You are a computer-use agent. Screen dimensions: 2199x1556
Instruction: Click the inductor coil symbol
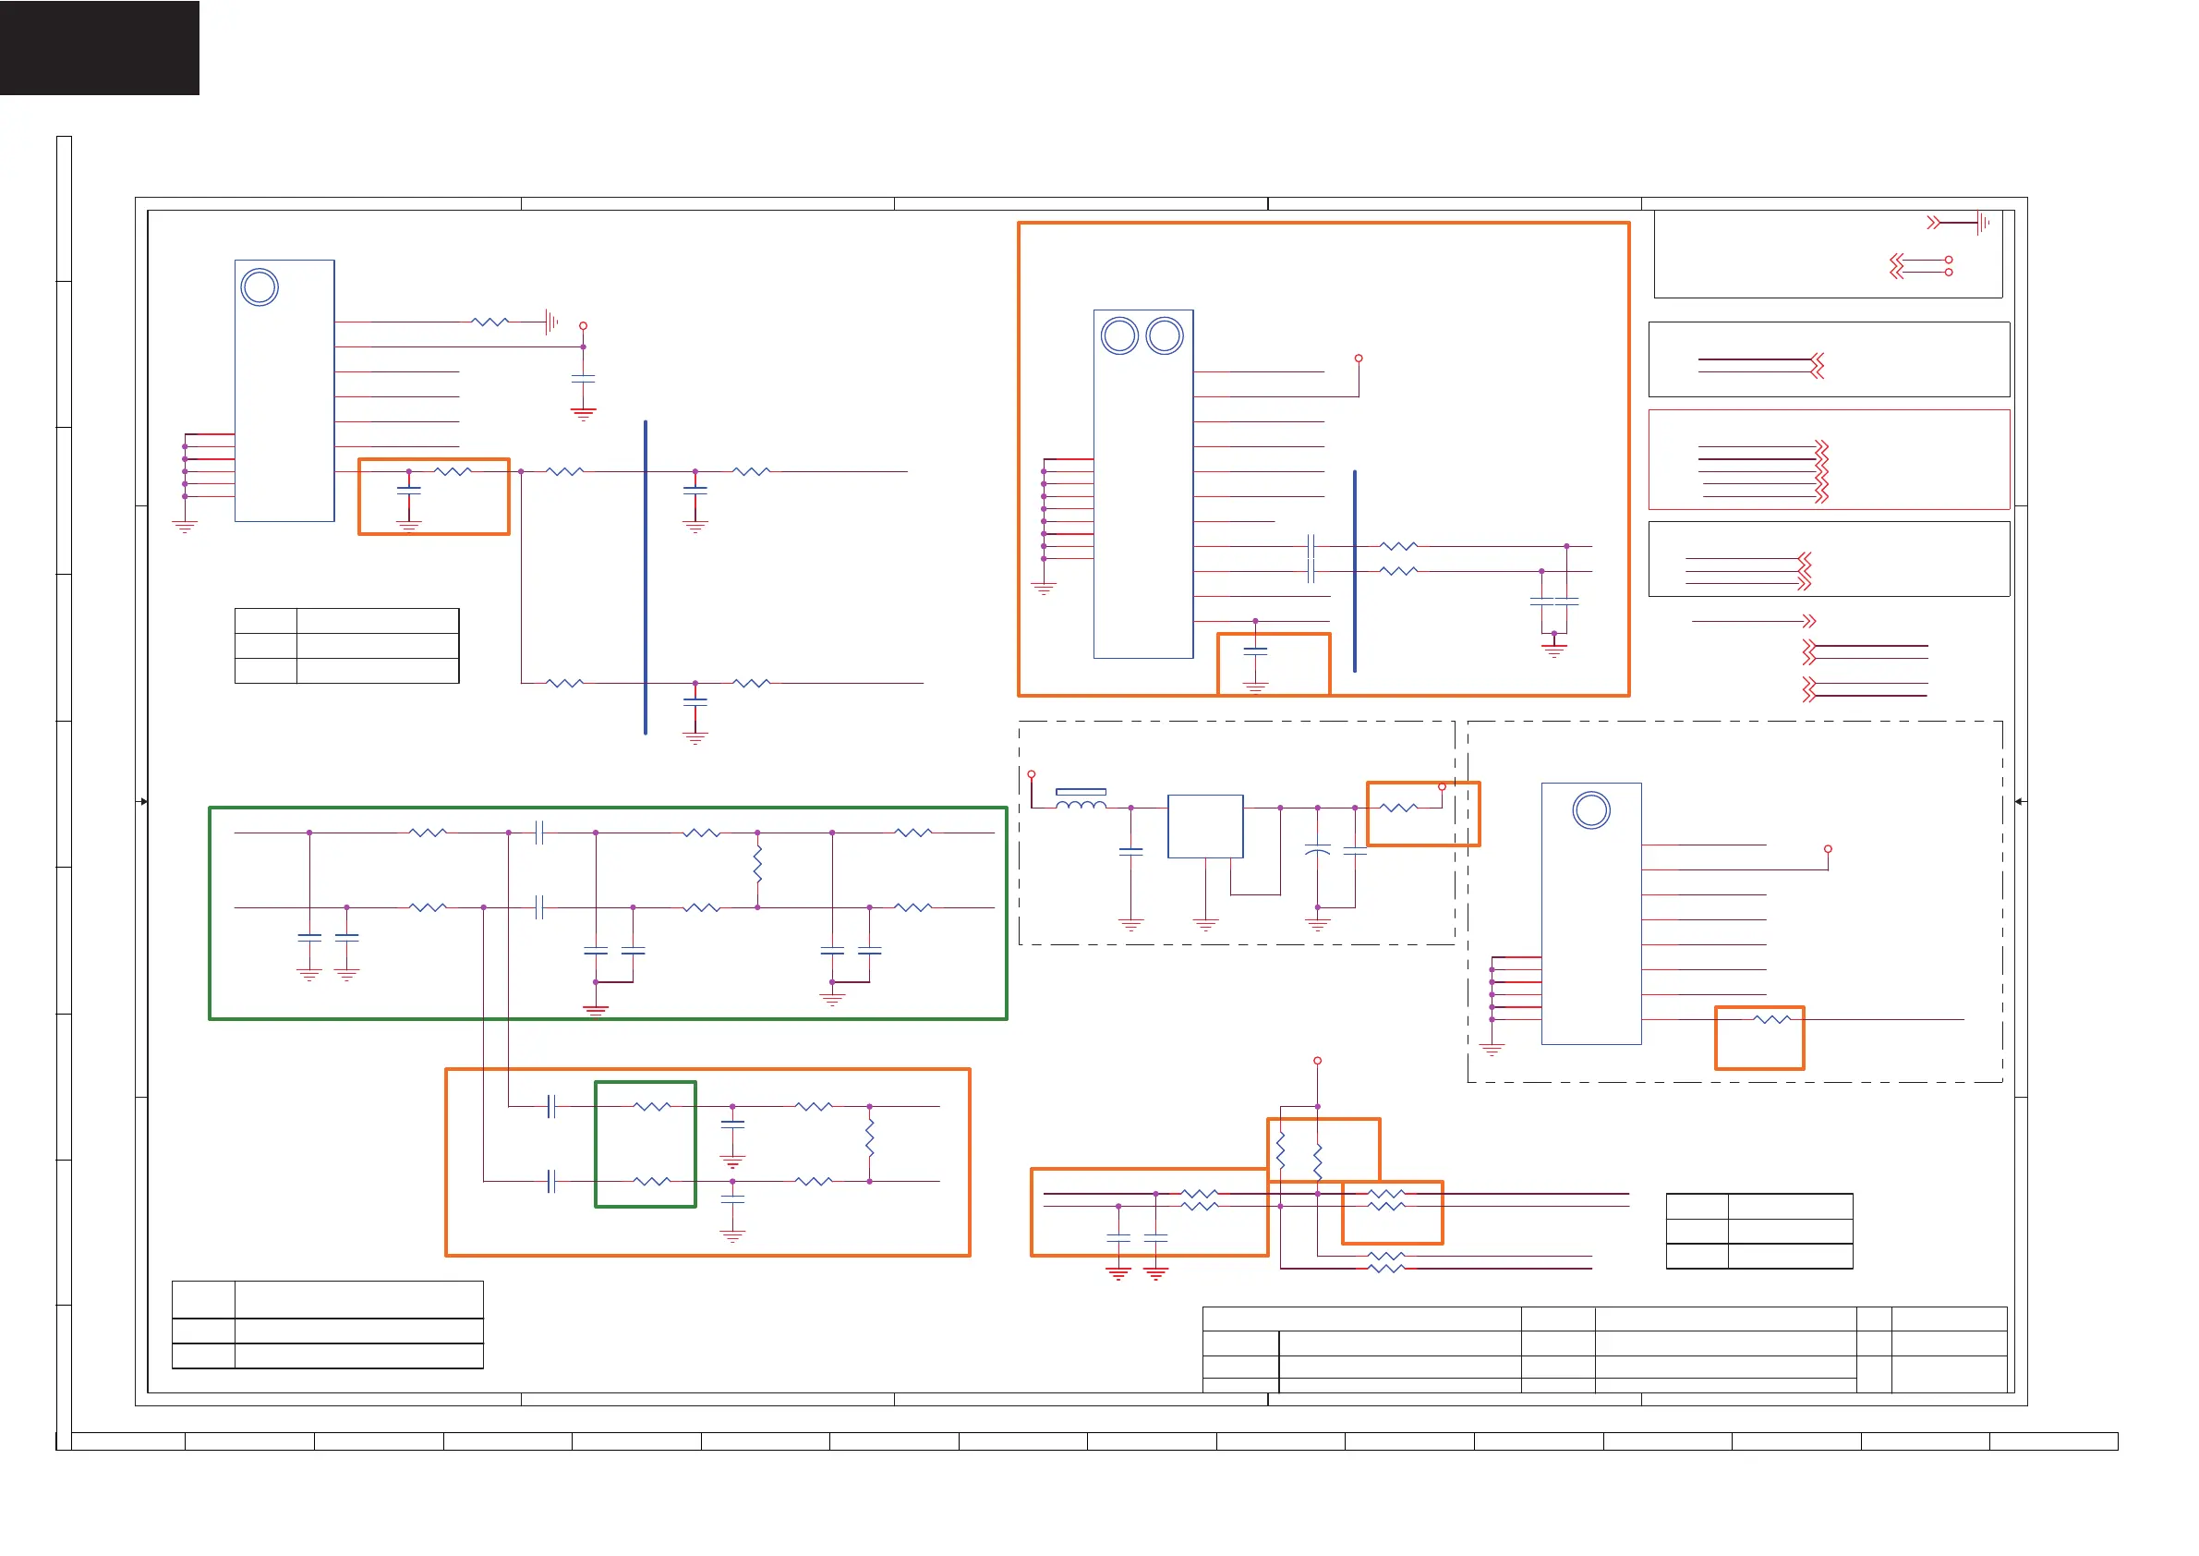pos(1081,803)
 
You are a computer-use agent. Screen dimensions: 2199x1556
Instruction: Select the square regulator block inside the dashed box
pos(1205,826)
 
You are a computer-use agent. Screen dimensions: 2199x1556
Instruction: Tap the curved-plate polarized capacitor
pos(1317,850)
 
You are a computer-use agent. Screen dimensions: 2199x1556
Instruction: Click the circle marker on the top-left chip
pos(260,287)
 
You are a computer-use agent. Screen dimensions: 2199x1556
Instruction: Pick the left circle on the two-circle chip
pos(1119,336)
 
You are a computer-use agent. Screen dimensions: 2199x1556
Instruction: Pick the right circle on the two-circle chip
pos(1165,336)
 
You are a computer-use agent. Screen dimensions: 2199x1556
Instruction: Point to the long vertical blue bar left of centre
pos(646,577)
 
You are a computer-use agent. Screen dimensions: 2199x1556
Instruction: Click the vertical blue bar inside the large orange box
pos(1354,571)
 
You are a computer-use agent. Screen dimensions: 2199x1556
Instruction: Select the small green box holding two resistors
pos(646,1144)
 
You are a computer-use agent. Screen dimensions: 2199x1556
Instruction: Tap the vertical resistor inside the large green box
pos(757,865)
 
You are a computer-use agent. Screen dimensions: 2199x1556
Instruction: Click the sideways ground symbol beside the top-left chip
pos(551,322)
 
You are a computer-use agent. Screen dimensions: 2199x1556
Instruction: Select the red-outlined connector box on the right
pos(1829,460)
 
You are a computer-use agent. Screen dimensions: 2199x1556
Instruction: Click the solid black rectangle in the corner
pos(100,48)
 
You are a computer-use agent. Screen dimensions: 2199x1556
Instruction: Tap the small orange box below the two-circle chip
pos(1274,663)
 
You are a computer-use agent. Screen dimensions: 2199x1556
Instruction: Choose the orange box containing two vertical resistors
pos(1323,1149)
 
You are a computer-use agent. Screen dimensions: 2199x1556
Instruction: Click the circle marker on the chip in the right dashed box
pos(1590,810)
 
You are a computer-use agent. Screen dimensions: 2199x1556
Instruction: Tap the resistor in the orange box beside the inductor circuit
pos(1398,808)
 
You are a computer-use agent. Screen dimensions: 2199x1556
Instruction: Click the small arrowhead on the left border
pos(144,801)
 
